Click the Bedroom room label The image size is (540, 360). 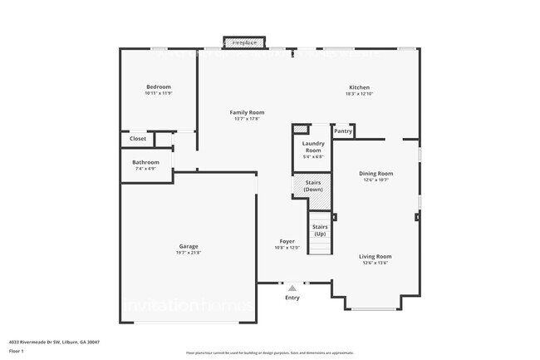[159, 87]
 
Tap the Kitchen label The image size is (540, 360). [359, 87]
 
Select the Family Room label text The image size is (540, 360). [247, 112]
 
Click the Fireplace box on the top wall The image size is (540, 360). [244, 42]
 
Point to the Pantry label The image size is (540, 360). [343, 131]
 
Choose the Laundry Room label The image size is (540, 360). [312, 146]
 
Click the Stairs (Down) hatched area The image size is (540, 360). [312, 185]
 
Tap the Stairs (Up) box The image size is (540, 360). [320, 229]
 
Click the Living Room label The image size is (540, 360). [376, 256]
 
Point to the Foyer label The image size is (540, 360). [287, 241]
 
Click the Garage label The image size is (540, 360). [189, 246]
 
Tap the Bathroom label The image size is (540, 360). [145, 162]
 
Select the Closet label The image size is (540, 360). [137, 139]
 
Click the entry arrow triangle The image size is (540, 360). [292, 288]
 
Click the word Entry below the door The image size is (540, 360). [292, 298]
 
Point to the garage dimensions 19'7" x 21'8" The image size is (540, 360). [189, 253]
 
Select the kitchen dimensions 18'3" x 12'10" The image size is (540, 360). [359, 94]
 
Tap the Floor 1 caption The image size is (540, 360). [16, 352]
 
